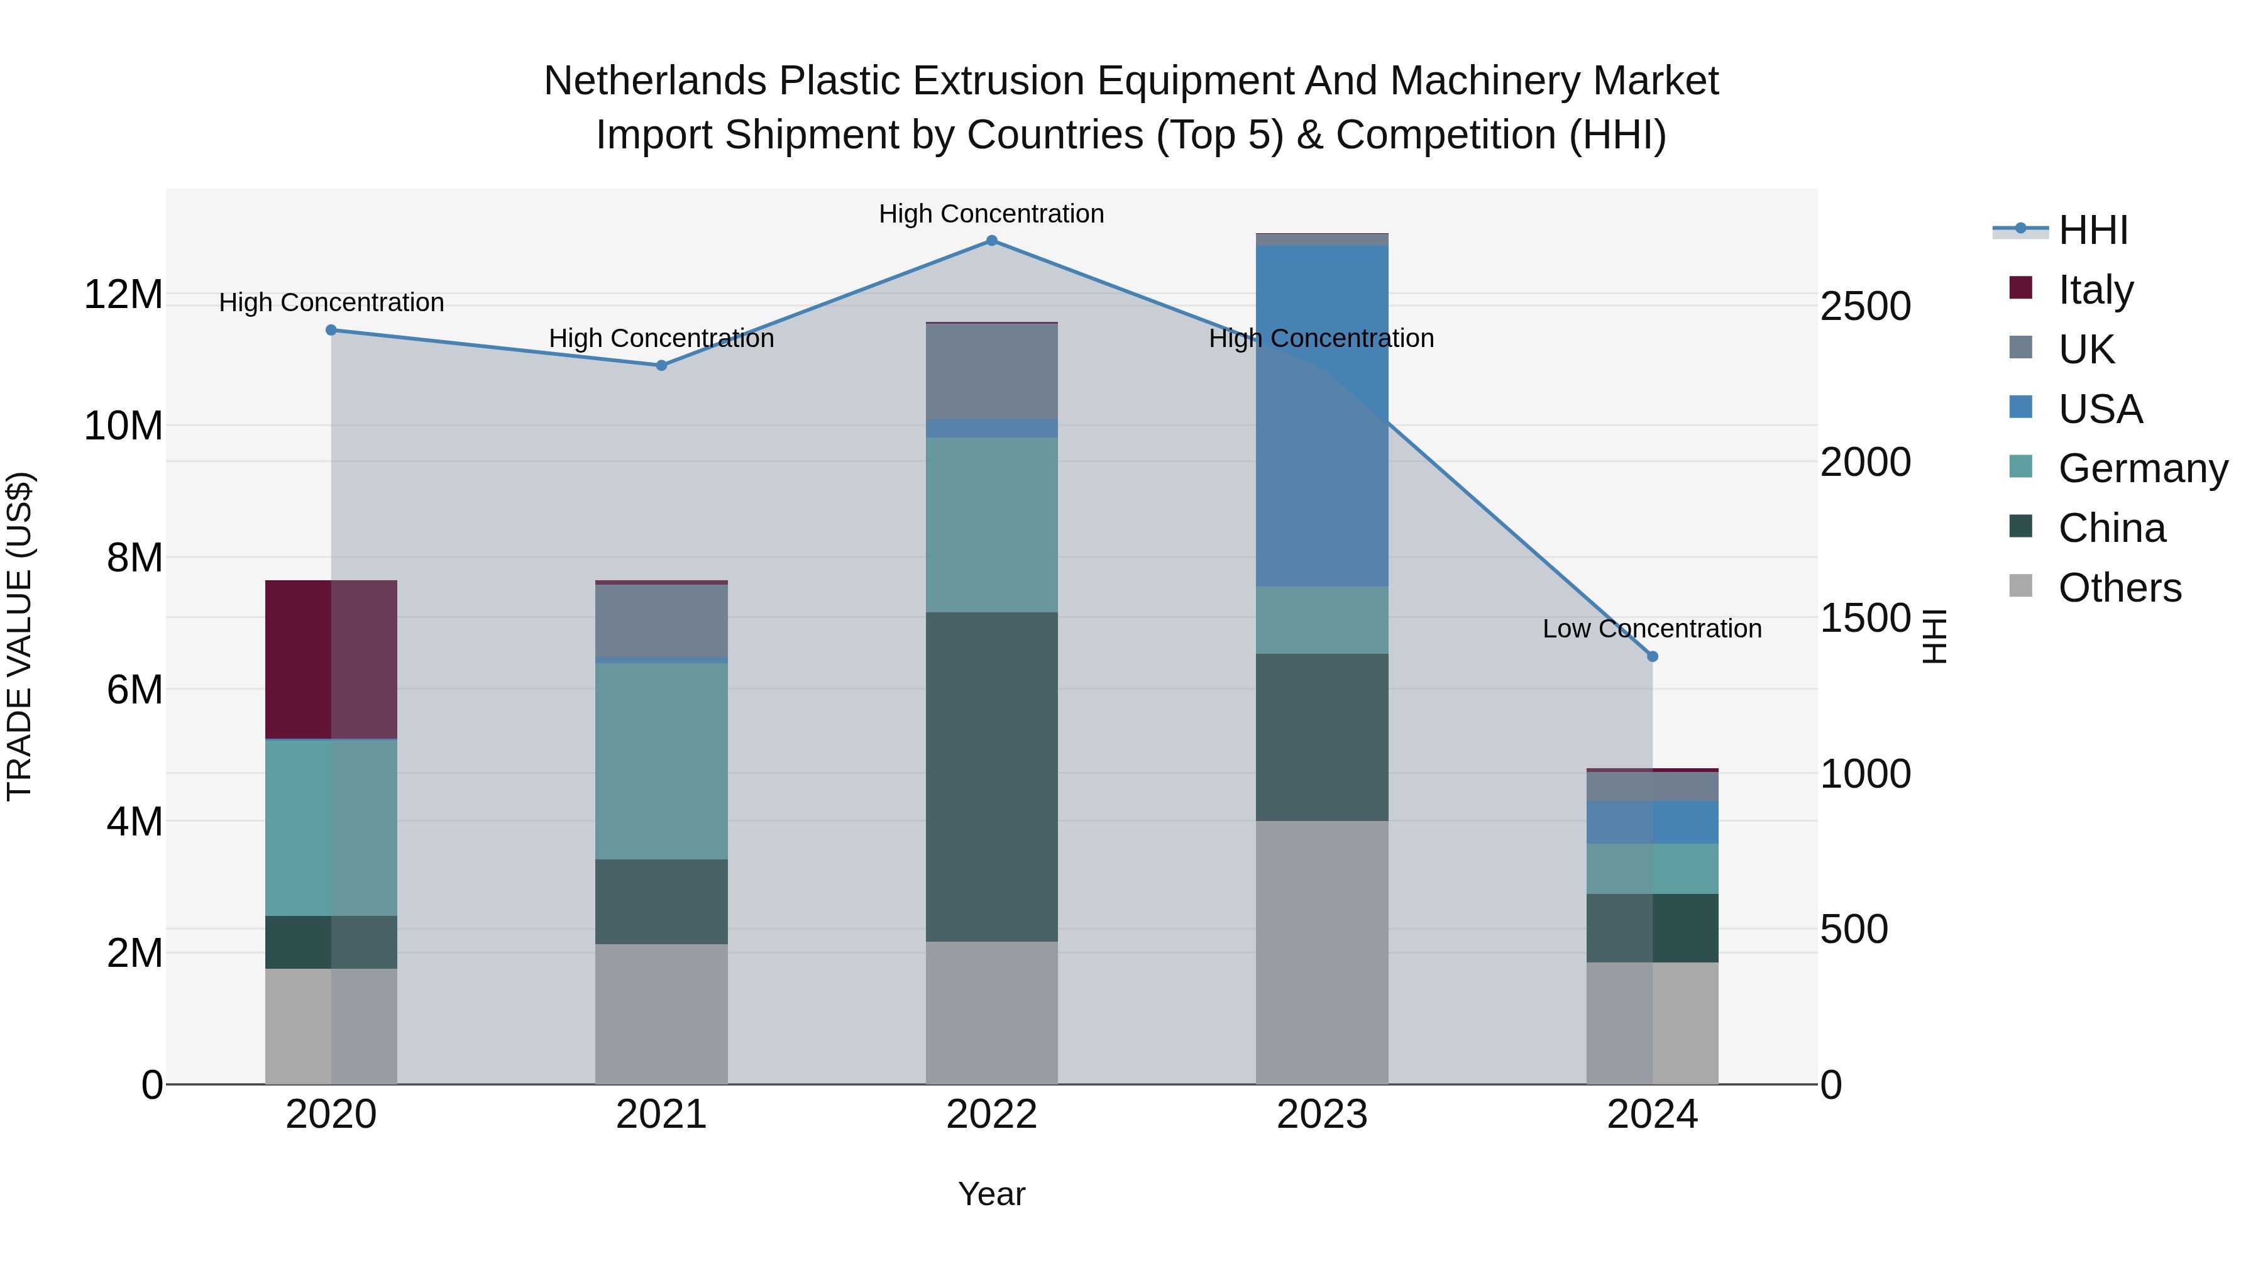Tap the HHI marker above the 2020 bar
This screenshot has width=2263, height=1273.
click(331, 330)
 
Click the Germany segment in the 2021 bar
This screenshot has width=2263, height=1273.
click(661, 761)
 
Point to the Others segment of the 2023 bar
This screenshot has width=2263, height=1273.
click(1321, 952)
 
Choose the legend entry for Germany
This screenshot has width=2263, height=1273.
click(2143, 468)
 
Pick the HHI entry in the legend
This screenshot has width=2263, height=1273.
click(2093, 230)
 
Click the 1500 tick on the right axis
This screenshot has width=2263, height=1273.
click(1865, 619)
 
